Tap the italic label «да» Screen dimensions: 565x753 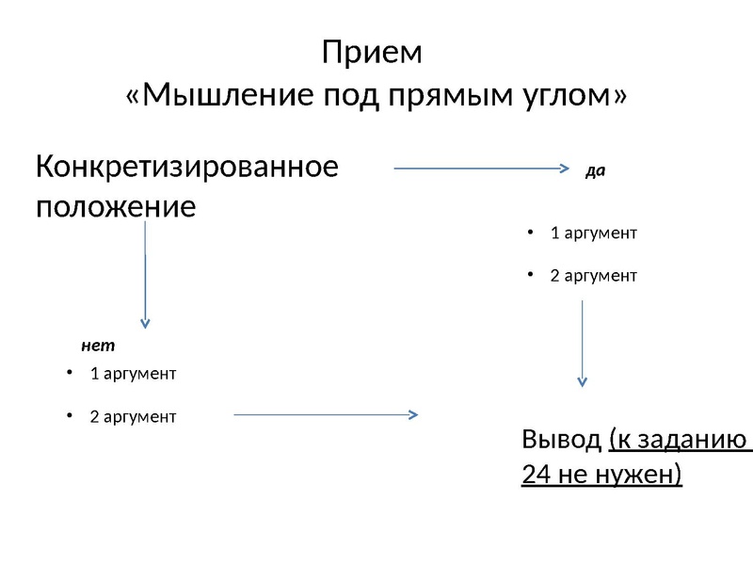(x=595, y=171)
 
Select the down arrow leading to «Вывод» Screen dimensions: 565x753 (x=582, y=344)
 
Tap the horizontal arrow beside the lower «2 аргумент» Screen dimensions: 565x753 (x=325, y=412)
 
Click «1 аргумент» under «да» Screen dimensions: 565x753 (x=593, y=233)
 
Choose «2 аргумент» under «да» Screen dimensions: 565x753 (x=593, y=276)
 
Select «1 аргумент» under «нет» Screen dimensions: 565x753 (x=133, y=374)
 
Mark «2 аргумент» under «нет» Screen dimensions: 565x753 (x=132, y=415)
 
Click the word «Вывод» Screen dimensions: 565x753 (x=560, y=441)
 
